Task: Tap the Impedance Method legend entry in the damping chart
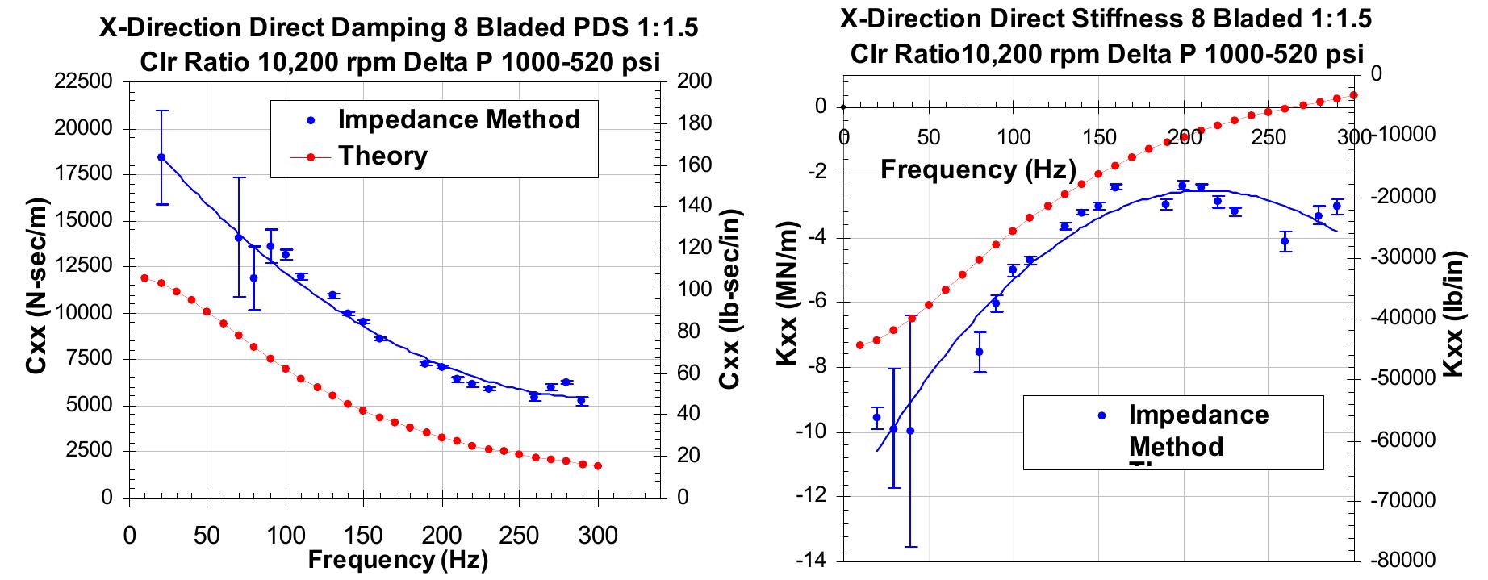click(x=458, y=119)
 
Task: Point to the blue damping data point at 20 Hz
click(x=161, y=157)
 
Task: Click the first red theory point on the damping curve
click(x=144, y=278)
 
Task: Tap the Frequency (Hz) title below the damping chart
click(x=397, y=559)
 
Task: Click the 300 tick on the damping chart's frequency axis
click(x=598, y=535)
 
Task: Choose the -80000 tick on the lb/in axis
click(x=1407, y=561)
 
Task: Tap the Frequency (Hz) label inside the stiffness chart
click(x=978, y=169)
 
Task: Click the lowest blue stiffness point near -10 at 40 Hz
click(x=910, y=431)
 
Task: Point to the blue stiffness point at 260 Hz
click(x=1285, y=241)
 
